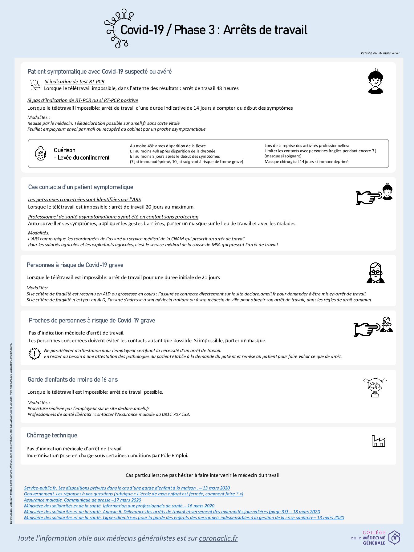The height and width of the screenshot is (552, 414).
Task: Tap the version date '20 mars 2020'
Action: pos(388,53)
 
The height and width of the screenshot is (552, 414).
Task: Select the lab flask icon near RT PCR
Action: pos(35,85)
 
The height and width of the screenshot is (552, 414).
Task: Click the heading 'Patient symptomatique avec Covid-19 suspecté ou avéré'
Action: pos(99,71)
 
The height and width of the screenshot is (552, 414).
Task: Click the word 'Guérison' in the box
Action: pos(65,150)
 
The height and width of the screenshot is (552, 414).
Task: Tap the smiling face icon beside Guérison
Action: pos(40,153)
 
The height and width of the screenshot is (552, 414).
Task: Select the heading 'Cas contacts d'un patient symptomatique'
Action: pos(81,187)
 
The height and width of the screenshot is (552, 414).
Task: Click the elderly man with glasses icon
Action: pos(375,273)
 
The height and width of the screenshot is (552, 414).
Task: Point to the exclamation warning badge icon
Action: pos(34,353)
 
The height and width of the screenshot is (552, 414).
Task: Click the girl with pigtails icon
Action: pos(375,388)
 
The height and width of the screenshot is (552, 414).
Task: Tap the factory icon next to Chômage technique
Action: pos(378,441)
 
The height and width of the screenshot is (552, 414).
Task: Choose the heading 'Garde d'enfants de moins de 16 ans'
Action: pos(73,379)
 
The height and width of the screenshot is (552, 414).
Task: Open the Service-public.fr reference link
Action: pos(127,488)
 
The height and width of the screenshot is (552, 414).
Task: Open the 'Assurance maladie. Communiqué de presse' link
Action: pos(83,500)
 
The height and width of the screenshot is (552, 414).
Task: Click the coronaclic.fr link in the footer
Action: pos(218,538)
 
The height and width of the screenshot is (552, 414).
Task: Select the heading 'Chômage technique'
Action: pos(52,435)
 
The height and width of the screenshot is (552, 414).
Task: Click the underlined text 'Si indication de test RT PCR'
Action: pos(75,82)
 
